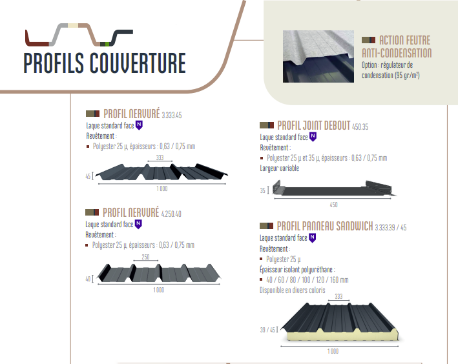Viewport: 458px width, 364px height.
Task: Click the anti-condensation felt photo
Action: coord(320,57)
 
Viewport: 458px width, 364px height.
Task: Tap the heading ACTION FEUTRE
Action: coord(404,41)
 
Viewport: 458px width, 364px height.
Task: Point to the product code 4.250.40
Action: coord(172,214)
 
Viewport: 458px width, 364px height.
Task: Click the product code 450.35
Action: coord(360,127)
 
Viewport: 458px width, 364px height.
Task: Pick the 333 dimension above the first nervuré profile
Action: coord(160,157)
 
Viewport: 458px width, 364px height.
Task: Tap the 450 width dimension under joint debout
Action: coord(333,205)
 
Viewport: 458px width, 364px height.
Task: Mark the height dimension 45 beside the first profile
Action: coord(88,176)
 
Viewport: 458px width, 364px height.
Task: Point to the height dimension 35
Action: coord(263,190)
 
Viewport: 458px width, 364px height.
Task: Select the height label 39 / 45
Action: coord(268,330)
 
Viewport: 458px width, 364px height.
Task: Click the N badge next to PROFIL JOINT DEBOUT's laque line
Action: coord(313,137)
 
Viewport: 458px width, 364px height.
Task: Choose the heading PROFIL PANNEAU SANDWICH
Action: coord(325,227)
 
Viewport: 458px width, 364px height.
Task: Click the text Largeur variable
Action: coord(280,168)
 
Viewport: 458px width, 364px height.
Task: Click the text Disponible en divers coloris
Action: coord(290,290)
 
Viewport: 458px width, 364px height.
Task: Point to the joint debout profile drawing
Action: coord(333,190)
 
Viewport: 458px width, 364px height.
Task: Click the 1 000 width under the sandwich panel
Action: coord(333,351)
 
